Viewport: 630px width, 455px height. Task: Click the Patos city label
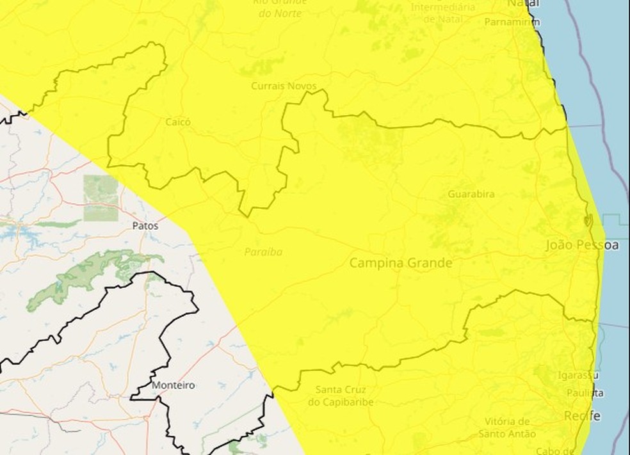[145, 225]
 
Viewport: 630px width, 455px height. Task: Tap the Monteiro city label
[174, 385]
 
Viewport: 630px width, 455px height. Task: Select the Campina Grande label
[401, 263]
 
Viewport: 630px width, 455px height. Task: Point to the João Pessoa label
[582, 245]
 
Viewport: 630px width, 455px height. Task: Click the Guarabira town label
[471, 194]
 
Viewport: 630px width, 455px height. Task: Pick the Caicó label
[178, 122]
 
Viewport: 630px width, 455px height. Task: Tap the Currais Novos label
[280, 85]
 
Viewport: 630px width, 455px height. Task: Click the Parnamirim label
[512, 22]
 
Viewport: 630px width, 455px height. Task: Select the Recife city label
[582, 416]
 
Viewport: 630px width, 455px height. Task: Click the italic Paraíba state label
[263, 252]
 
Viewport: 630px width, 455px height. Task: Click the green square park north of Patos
[101, 198]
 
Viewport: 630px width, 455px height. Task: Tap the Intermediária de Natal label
[443, 13]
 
